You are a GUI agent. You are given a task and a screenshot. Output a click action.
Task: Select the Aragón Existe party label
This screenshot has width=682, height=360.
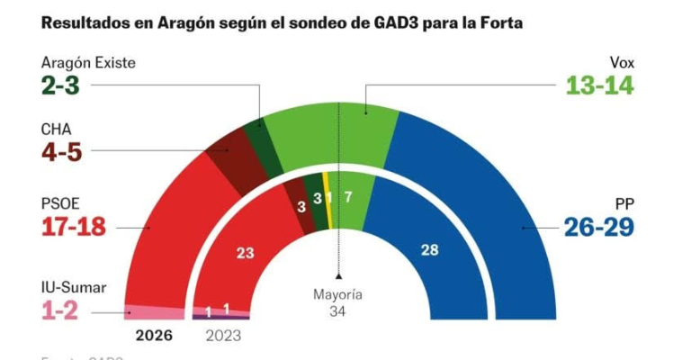(89, 64)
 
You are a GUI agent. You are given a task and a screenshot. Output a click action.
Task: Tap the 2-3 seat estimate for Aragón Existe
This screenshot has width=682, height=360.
(67, 86)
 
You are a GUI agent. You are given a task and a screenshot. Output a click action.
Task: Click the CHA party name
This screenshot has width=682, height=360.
(57, 130)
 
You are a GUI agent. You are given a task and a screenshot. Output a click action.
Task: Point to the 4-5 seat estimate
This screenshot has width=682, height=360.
(61, 151)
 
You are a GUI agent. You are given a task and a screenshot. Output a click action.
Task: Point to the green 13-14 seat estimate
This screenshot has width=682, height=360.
(600, 86)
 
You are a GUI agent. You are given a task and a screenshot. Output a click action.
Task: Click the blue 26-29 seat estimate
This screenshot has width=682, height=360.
(599, 227)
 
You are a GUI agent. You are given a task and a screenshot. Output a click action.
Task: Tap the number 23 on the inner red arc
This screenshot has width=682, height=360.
(245, 254)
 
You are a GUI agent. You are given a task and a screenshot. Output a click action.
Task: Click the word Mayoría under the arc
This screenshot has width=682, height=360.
(337, 294)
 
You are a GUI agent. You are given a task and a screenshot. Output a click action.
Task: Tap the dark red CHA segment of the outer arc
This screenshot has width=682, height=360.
(230, 162)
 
